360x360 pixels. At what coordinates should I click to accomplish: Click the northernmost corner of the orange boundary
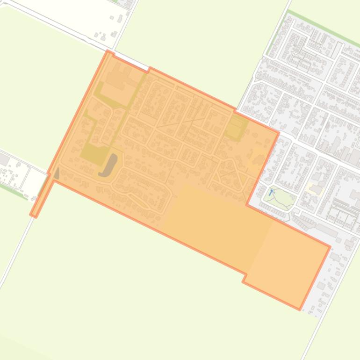click(x=108, y=51)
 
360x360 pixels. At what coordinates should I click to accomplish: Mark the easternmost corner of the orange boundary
click(x=330, y=246)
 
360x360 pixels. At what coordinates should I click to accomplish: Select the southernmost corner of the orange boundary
click(x=299, y=309)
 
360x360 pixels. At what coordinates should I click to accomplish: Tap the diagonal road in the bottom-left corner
click(x=12, y=262)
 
